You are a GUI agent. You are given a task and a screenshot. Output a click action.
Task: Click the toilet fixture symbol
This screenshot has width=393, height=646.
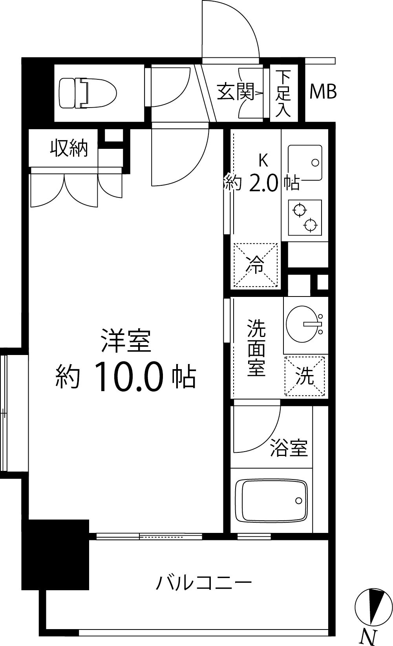point(88,93)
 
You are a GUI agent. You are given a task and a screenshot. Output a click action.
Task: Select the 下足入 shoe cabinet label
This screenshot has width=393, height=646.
point(283,93)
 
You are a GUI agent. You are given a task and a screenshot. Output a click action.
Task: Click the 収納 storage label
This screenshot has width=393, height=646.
point(69,148)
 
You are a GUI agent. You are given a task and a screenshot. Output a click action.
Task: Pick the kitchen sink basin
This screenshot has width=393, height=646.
point(305,163)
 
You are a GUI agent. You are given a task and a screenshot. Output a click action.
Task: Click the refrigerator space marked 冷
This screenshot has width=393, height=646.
point(256,265)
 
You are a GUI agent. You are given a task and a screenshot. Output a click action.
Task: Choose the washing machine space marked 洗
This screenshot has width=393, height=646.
point(305,376)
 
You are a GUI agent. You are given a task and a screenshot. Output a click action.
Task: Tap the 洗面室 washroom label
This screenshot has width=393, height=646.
point(256,348)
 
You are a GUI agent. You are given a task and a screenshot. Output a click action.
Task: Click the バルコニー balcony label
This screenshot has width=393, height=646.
point(203,582)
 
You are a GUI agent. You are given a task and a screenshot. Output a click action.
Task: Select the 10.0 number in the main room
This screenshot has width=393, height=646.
point(128,377)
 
